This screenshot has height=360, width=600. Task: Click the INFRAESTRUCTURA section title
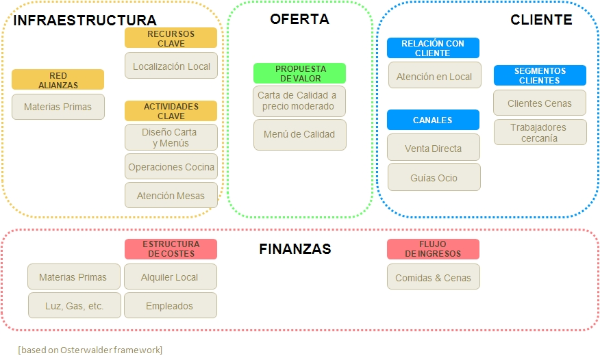tap(85, 21)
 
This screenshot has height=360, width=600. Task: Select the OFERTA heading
tap(299, 19)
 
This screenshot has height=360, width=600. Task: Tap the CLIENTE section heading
tap(541, 20)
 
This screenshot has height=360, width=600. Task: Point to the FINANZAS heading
tap(295, 249)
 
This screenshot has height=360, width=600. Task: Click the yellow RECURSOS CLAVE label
tap(171, 38)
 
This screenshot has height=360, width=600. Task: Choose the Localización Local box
tap(171, 66)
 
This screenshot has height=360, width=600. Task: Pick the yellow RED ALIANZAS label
tap(58, 80)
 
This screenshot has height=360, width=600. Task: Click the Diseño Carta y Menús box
tap(171, 138)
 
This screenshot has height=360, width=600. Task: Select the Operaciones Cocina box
tap(171, 167)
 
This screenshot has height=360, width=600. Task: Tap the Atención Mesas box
tap(171, 196)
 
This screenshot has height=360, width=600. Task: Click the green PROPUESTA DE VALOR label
tap(299, 74)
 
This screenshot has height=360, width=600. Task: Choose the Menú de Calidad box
tap(299, 135)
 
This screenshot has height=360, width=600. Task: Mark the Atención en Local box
tap(434, 77)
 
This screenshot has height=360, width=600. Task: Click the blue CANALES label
tap(433, 120)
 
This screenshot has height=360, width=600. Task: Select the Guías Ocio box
tap(434, 178)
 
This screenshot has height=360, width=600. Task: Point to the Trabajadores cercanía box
tap(539, 133)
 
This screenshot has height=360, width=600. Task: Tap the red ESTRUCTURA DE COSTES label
tap(171, 249)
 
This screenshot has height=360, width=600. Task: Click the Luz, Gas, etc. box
tap(74, 306)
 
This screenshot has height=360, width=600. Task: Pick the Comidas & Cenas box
tap(433, 278)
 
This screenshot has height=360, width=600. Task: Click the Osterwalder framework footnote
tap(90, 350)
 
